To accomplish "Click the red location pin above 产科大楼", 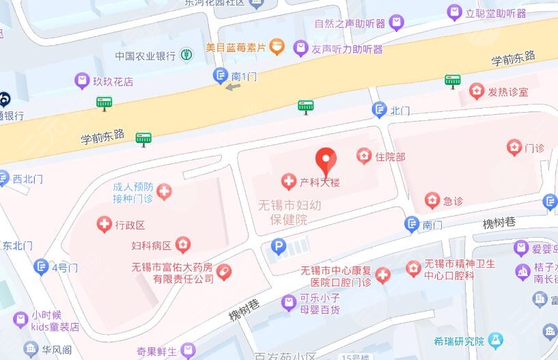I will tap(326, 161).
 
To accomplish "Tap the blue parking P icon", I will tap(278, 247).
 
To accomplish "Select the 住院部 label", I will tap(390, 156).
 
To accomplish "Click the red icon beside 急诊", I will tap(432, 200).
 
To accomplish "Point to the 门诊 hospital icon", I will tap(514, 147).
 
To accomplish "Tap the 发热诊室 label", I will tap(507, 92).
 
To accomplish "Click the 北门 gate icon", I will tap(379, 109).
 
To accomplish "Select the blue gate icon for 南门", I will tap(411, 223).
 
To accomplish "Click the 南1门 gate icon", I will tap(221, 77).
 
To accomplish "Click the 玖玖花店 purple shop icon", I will tap(82, 81).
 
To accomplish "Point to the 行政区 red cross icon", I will tap(104, 224).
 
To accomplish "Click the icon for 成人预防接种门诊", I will tap(164, 192).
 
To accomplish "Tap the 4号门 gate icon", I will tap(41, 267).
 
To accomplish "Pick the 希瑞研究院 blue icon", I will tap(496, 340).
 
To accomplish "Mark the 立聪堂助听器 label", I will tap(496, 13).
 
